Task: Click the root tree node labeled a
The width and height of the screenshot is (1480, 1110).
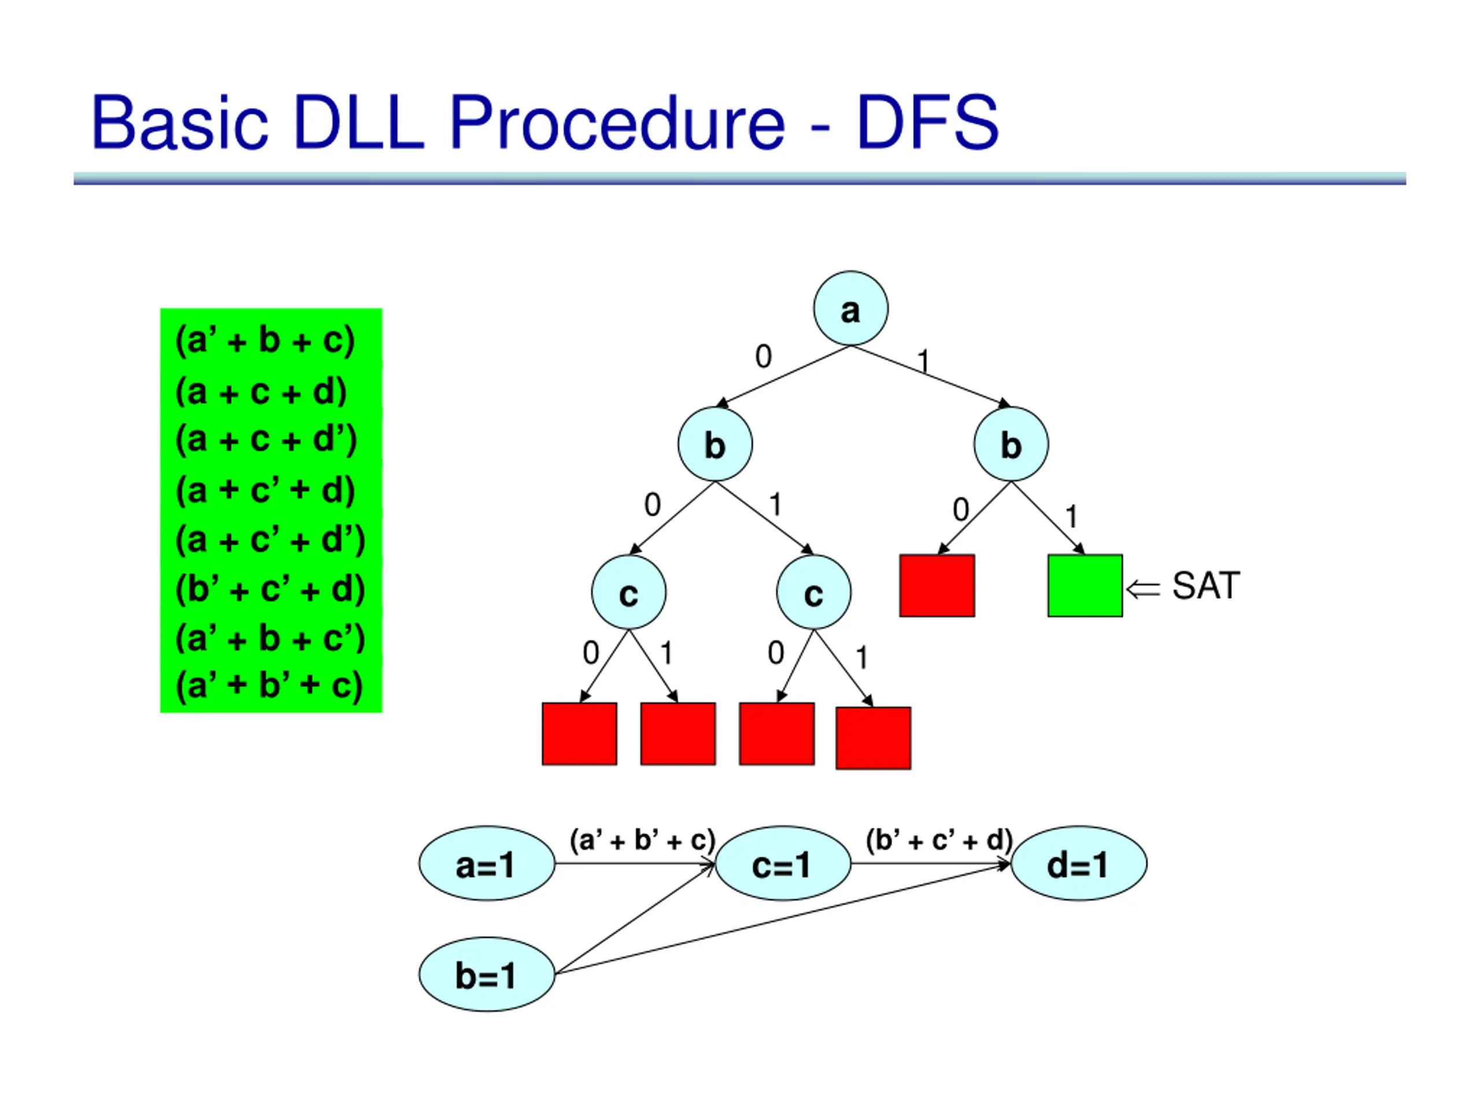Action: (850, 309)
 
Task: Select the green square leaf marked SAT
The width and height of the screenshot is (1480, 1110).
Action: (1085, 586)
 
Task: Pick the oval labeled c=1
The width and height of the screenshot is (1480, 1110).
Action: (783, 863)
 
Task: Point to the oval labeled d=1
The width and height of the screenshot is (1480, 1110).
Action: (1079, 863)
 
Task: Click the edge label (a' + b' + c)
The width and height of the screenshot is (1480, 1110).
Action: (642, 839)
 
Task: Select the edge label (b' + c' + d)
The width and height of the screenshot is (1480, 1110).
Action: (939, 839)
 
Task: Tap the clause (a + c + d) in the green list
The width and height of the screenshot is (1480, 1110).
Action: (261, 391)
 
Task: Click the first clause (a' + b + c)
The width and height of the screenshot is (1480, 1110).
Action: (265, 341)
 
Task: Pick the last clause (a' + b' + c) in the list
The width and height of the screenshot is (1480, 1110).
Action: (269, 685)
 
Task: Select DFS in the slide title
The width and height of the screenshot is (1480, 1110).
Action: (927, 122)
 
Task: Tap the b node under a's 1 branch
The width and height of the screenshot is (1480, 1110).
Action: (1011, 444)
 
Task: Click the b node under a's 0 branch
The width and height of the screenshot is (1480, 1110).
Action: (715, 444)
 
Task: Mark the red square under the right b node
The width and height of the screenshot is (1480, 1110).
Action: (937, 586)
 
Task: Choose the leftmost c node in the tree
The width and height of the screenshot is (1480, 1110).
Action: (629, 592)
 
